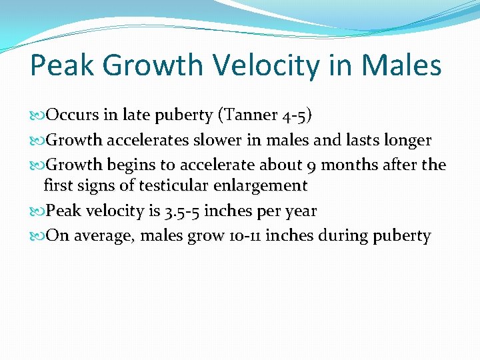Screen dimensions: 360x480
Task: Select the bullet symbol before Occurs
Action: (x=36, y=116)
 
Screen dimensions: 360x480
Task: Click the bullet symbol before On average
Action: (x=36, y=236)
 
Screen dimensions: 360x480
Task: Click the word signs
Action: (x=95, y=186)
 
